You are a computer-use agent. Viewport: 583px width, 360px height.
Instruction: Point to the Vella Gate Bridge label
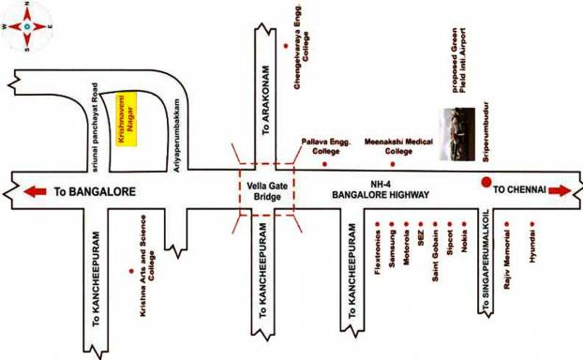266,191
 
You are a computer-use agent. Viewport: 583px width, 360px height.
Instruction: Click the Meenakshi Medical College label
387,146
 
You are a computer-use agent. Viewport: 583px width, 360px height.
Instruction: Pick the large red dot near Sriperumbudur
486,183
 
